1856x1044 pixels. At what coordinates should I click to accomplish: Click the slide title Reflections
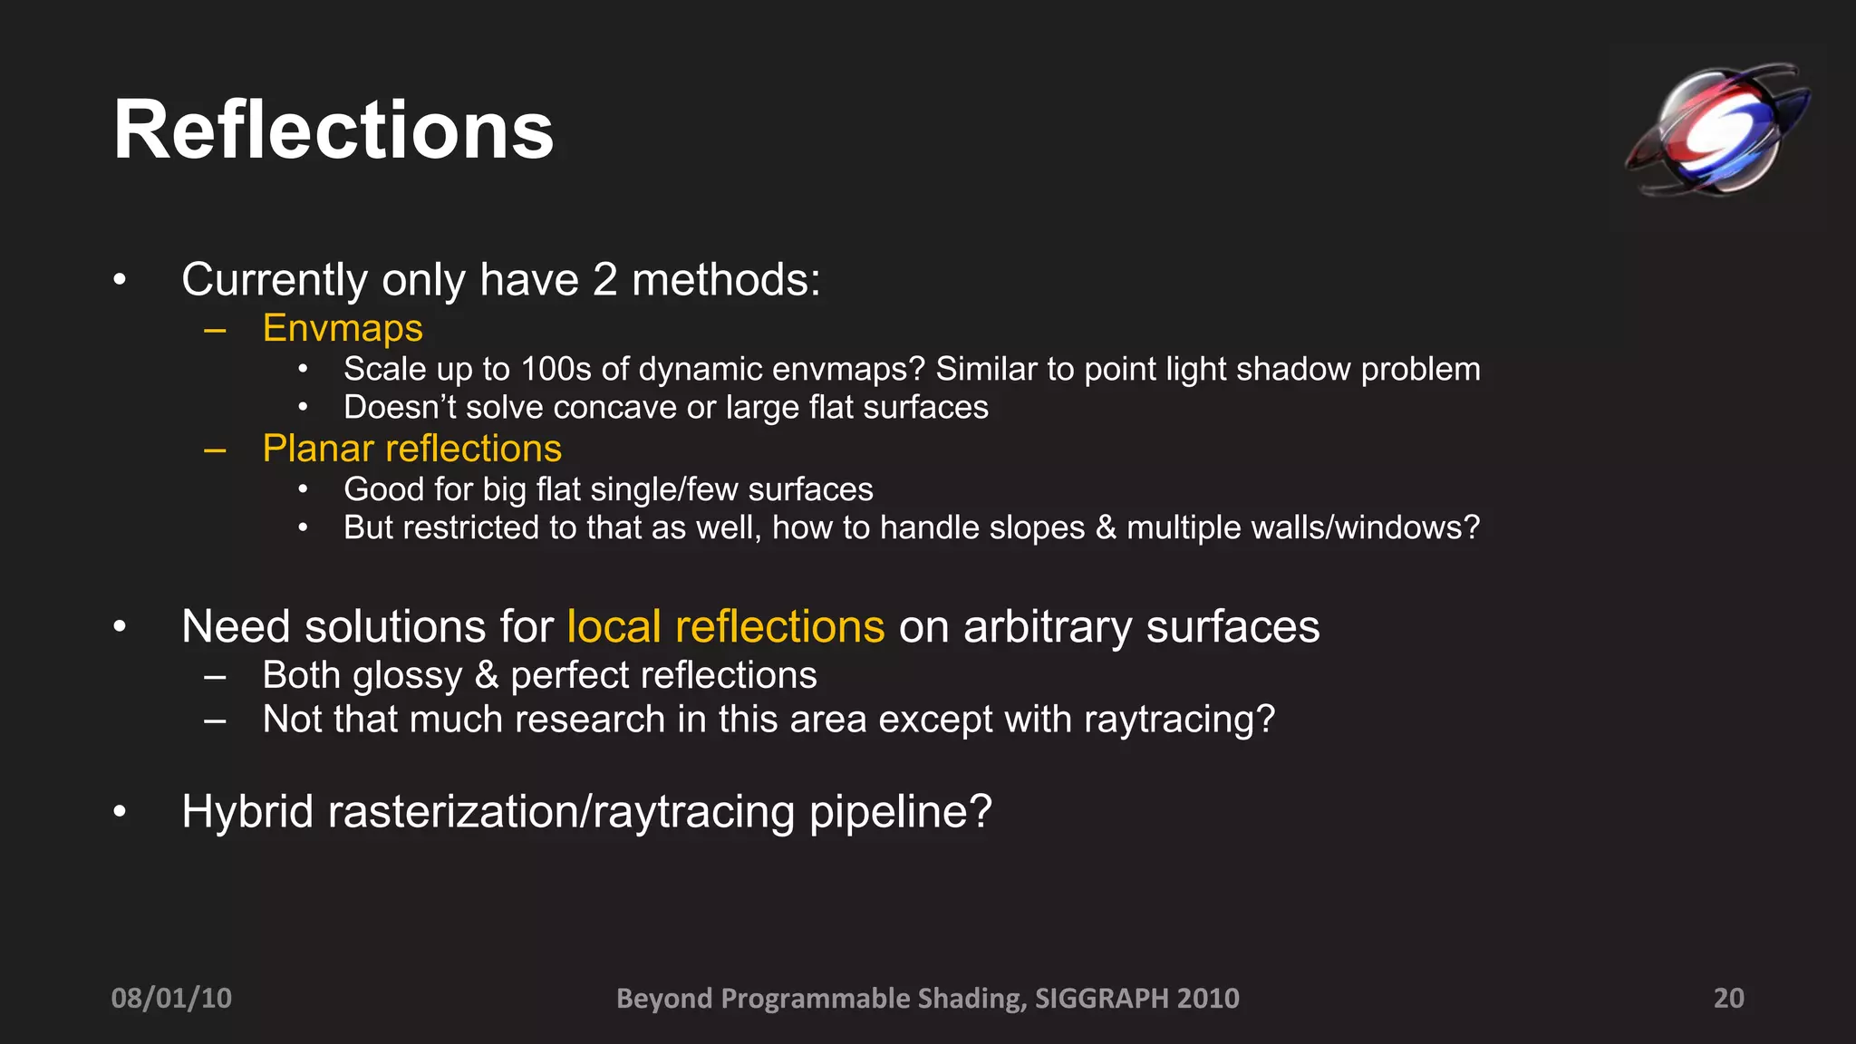[333, 131]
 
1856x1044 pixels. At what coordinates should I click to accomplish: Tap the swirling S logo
[1716, 129]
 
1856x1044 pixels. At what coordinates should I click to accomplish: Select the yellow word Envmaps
[343, 328]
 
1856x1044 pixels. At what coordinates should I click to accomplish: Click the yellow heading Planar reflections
[411, 449]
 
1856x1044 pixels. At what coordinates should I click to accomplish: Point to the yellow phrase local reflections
[725, 627]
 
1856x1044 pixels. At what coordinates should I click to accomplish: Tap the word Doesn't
[400, 408]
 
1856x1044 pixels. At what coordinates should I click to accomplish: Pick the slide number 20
[1728, 998]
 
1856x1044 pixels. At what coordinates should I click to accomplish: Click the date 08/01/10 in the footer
[171, 998]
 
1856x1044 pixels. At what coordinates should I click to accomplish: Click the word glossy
[407, 676]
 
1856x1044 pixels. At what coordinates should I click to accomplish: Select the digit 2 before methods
[604, 280]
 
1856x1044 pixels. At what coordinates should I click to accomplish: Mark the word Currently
[275, 280]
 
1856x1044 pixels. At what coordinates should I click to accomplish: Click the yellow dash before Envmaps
[215, 330]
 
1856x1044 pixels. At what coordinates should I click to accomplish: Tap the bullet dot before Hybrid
[120, 812]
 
